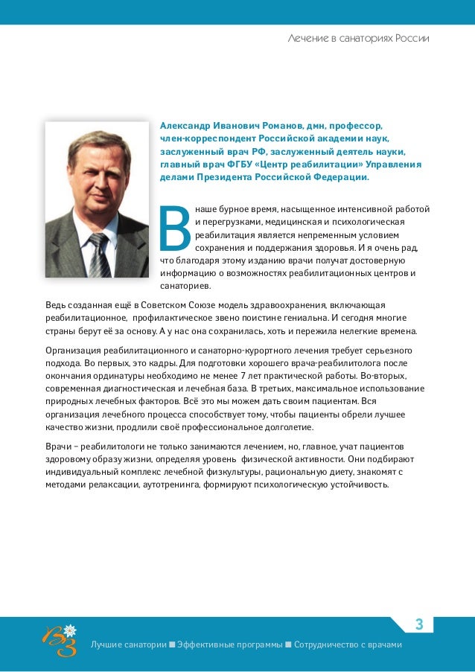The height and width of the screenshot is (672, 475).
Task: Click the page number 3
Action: tap(418, 624)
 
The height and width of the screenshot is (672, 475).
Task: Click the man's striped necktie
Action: tap(99, 253)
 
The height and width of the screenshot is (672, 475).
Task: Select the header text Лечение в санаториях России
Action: tap(358, 37)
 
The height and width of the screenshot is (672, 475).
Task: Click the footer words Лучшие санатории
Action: tap(127, 644)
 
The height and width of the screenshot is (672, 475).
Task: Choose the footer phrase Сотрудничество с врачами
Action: tap(348, 644)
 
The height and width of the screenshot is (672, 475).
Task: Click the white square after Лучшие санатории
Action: tap(172, 644)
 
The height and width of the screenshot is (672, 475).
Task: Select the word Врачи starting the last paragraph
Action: tap(59, 446)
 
